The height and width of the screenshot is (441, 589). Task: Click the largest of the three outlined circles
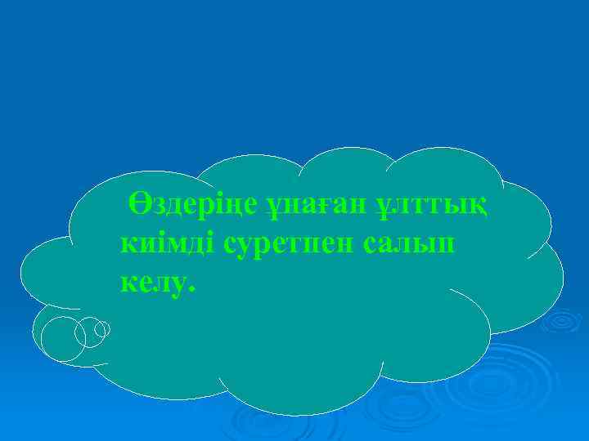tap(63, 339)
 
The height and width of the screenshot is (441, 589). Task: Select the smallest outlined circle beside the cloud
tap(102, 328)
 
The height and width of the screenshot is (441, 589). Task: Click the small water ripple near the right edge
tap(564, 322)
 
